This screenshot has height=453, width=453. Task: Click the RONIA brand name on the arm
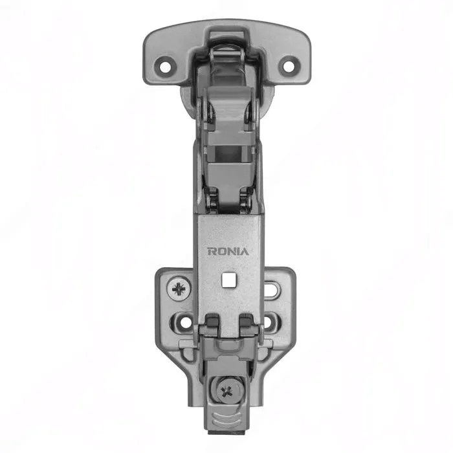(228, 251)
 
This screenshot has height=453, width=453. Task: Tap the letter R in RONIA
(211, 251)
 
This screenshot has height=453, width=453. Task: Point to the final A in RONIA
(245, 251)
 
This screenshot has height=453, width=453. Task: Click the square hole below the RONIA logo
(228, 280)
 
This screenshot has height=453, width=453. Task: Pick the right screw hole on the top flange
(288, 66)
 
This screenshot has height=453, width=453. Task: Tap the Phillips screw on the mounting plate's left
(179, 289)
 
